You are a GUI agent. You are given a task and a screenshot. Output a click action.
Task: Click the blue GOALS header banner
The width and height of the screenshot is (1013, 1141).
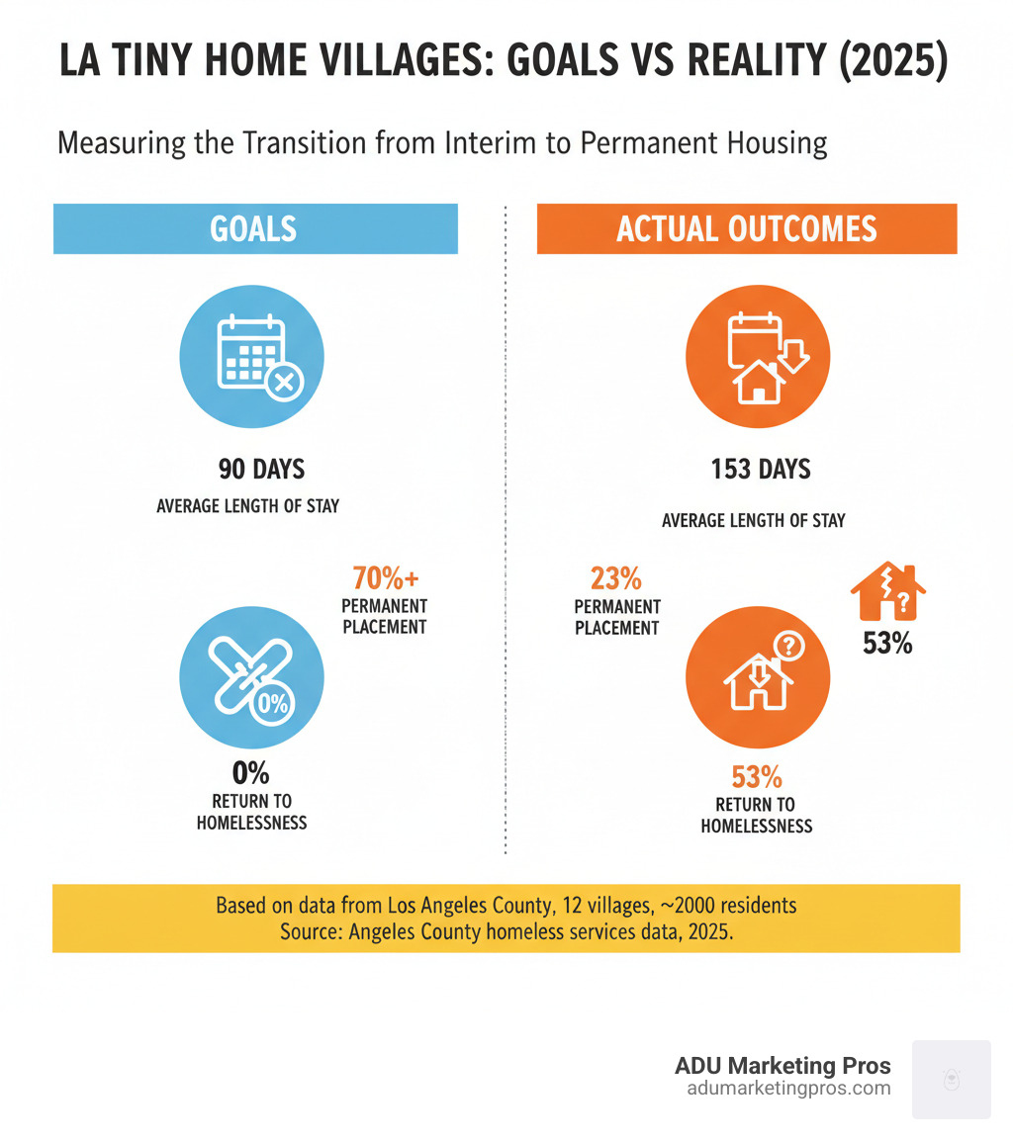point(255,228)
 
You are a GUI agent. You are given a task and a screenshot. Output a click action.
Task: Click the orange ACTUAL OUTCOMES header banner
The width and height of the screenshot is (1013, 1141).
point(746,228)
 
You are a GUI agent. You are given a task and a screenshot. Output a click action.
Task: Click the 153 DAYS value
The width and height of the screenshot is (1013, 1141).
point(760,469)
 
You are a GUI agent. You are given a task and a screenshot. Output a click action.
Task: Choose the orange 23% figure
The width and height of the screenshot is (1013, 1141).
point(615,577)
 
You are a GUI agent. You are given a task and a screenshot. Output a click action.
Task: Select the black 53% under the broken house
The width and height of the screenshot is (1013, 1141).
point(886,644)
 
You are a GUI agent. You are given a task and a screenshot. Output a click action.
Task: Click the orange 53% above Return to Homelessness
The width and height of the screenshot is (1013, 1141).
point(757,776)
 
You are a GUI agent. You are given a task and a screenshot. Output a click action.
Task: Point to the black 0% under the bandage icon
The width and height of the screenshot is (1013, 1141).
point(251,772)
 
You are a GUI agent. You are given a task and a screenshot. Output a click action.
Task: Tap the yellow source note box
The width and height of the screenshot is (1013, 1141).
point(506,918)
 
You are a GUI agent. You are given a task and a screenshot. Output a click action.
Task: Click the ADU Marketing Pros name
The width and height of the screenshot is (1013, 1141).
point(783,1066)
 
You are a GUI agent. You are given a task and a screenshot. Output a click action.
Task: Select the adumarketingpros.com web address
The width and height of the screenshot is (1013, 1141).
point(787,1089)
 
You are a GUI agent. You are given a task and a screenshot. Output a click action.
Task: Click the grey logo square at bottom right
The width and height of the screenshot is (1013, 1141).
point(951,1079)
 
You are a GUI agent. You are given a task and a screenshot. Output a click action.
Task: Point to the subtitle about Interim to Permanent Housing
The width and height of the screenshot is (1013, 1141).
point(441,143)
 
